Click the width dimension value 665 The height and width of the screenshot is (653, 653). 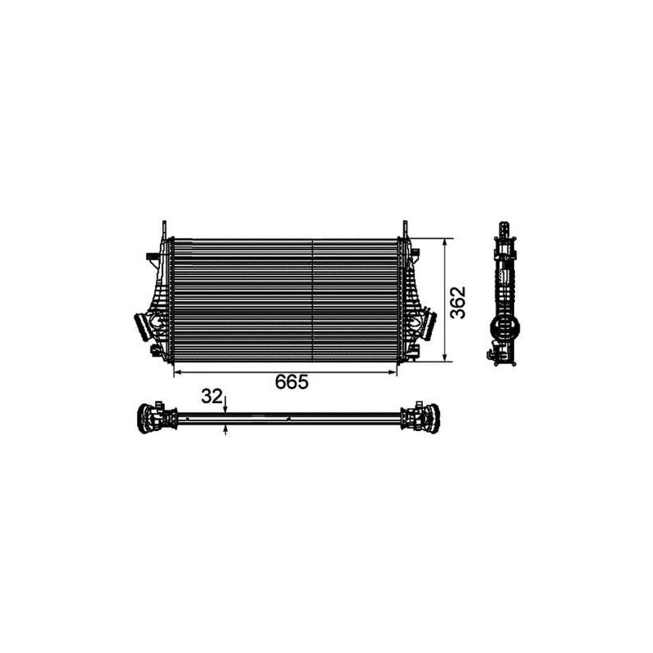click(x=291, y=383)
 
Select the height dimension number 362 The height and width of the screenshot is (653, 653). click(x=459, y=302)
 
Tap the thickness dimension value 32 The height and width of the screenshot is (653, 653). click(x=212, y=397)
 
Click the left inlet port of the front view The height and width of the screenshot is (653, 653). click(x=144, y=328)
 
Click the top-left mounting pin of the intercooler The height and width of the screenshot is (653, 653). click(x=165, y=228)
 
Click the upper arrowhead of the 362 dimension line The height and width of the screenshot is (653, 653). click(x=446, y=243)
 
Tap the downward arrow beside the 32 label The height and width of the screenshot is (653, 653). click(x=226, y=408)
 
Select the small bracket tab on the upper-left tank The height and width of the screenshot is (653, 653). click(x=149, y=259)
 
